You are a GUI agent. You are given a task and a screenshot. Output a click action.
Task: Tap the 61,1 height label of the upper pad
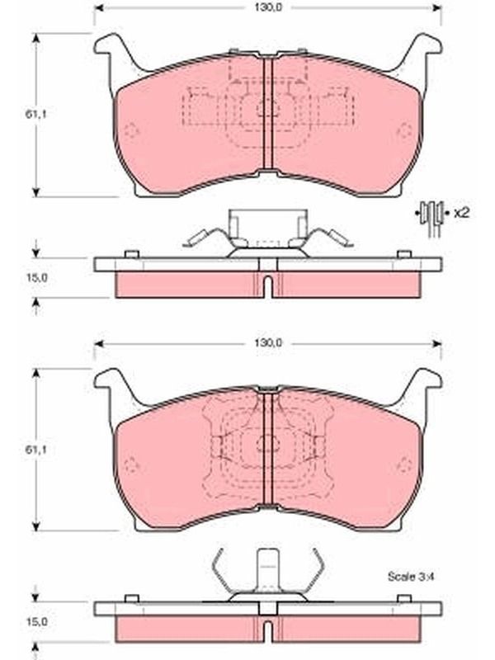[x=36, y=114]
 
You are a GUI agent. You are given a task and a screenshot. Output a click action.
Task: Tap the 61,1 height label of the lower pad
[x=36, y=450]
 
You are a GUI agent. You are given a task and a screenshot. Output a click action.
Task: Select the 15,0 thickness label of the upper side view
[x=36, y=278]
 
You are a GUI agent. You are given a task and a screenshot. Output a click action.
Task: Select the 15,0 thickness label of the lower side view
[x=36, y=621]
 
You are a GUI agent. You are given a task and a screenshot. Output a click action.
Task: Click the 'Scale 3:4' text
[x=410, y=576]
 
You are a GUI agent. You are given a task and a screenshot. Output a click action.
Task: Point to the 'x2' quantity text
[x=461, y=213]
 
